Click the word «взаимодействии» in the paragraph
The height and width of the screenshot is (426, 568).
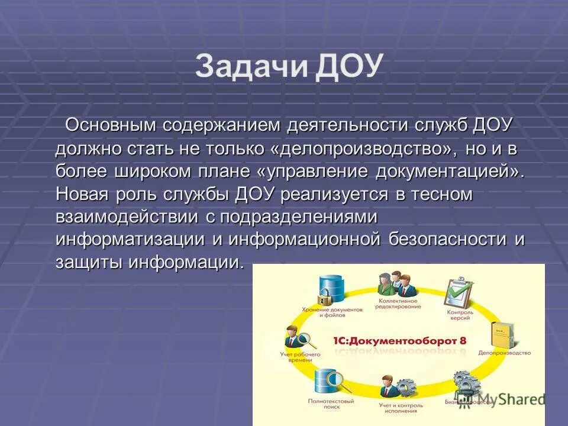tap(127, 217)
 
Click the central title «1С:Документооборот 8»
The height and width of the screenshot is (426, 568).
tap(398, 341)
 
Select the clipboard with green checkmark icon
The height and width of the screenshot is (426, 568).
tap(458, 291)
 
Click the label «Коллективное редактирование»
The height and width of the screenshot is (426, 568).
tap(398, 304)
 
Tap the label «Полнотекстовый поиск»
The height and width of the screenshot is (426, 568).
tap(323, 404)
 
